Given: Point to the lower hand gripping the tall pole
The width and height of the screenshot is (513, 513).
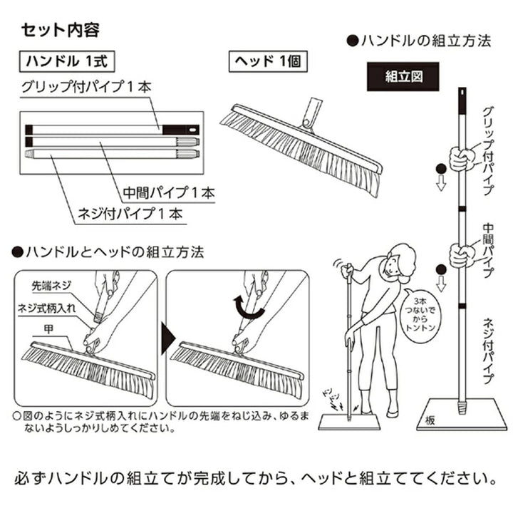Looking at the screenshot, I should coord(460,254).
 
